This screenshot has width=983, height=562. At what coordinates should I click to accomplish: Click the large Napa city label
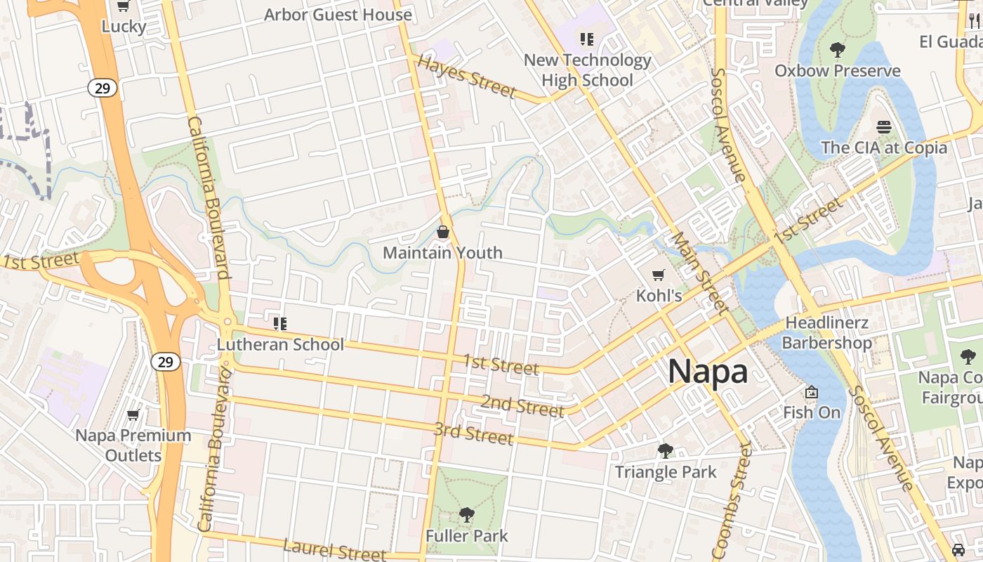708,371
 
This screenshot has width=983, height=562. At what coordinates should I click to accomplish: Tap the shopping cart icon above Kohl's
658,275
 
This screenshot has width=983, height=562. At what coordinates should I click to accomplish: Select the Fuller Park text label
466,536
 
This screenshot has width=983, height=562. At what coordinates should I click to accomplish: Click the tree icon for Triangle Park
665,451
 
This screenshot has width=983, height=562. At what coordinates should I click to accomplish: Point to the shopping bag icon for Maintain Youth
443,232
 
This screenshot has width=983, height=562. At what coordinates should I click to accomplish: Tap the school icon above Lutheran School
280,324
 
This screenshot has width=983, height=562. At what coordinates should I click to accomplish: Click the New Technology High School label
588,70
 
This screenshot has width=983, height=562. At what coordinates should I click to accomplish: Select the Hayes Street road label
466,76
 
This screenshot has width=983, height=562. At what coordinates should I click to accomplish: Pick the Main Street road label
699,272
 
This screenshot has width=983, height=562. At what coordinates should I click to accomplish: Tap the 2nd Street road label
522,405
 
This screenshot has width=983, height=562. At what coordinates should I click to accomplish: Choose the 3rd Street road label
473,433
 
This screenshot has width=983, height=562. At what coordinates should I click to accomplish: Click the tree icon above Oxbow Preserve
837,50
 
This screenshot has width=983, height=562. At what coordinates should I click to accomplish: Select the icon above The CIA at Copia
883,127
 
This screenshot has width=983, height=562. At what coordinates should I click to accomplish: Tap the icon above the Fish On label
812,392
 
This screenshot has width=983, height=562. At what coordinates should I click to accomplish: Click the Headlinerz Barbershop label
826,333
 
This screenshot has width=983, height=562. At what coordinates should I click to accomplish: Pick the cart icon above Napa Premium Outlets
133,415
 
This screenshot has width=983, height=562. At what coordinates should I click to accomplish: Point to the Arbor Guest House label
338,15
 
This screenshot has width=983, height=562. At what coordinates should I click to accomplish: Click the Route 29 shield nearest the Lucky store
103,88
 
